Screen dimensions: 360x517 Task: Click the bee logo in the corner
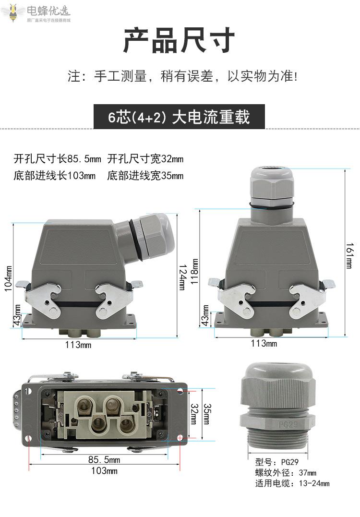(x=13, y=12)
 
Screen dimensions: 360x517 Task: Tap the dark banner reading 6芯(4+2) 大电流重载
(x=179, y=117)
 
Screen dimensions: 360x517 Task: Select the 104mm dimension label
(x=8, y=278)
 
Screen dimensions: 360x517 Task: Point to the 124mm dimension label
(x=182, y=277)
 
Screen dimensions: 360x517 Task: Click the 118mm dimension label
(x=195, y=271)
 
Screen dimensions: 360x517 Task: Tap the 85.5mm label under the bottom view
(x=104, y=459)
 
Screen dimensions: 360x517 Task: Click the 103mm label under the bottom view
(x=104, y=470)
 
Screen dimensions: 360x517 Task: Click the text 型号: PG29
(x=277, y=462)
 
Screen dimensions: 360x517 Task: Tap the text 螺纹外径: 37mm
(x=286, y=472)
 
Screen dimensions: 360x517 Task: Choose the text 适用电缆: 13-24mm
(x=292, y=483)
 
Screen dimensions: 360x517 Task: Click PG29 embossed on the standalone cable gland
(x=288, y=424)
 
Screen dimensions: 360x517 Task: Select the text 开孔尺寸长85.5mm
(x=58, y=159)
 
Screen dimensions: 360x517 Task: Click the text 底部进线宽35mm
(x=145, y=175)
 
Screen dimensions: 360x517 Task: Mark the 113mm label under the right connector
(x=264, y=343)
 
